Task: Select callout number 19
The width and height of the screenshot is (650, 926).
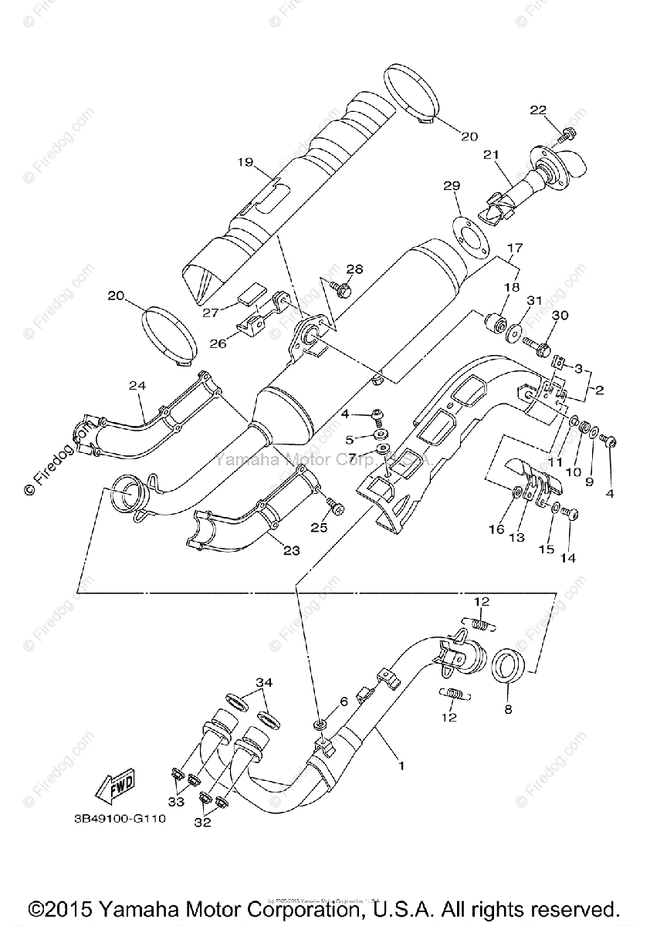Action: pos(245,162)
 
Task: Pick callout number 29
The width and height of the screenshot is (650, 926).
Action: pos(452,186)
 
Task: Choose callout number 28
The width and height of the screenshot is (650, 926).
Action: pos(354,269)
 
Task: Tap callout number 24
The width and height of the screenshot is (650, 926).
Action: pos(137,385)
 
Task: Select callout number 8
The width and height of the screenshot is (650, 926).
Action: pos(507,709)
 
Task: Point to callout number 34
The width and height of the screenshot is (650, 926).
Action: pos(265,682)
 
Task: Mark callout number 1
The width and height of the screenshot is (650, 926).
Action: pos(401,765)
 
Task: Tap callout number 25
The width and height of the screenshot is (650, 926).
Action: pos(319,527)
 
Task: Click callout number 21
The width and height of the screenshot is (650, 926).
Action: pos(488,155)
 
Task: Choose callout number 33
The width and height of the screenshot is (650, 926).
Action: pos(176,802)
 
